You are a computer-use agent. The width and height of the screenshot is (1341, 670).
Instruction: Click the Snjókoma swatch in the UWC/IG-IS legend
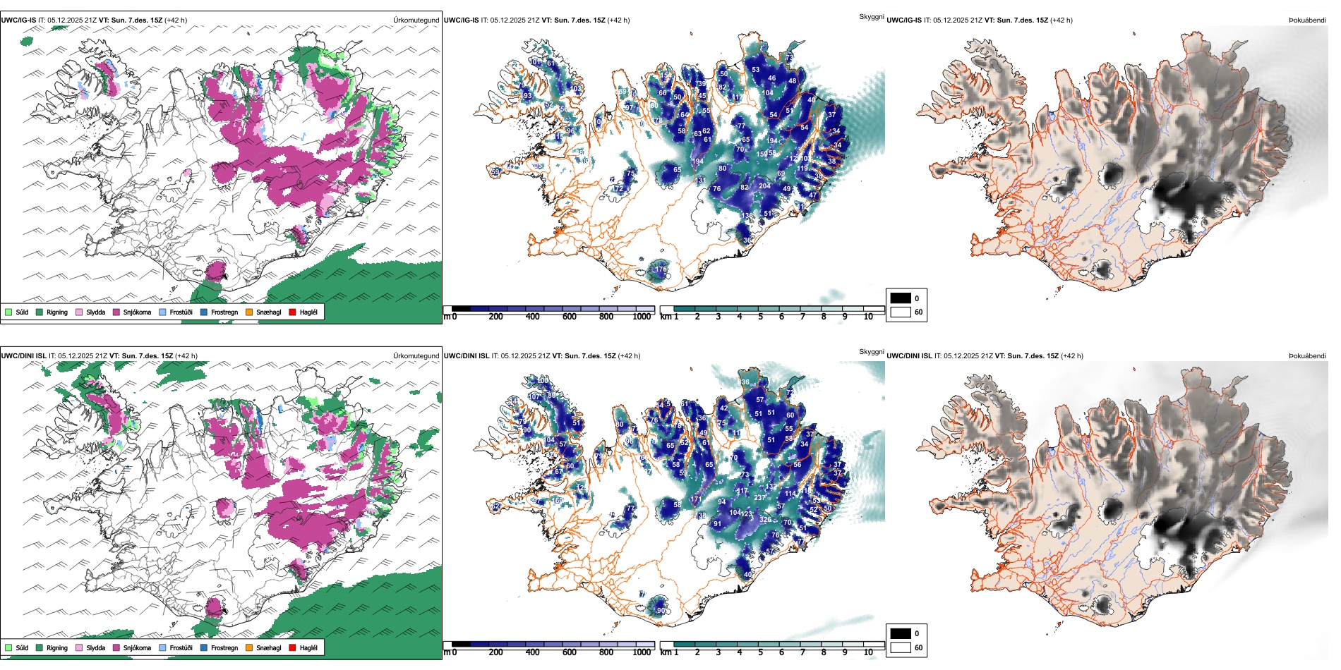[116, 312]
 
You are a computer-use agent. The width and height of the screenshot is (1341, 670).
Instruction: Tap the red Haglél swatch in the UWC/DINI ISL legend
[292, 647]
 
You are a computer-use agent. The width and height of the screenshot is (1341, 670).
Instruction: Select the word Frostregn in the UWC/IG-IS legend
[224, 312]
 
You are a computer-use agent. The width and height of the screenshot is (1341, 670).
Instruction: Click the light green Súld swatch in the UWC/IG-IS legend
[8, 312]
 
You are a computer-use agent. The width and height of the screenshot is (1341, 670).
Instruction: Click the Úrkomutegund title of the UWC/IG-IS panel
[416, 20]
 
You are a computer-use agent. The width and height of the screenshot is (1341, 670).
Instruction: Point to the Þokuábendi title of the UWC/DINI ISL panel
[1307, 356]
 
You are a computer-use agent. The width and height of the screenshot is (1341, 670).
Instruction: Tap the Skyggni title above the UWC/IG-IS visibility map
[871, 17]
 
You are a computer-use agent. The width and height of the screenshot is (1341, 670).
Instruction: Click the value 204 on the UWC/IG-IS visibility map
[764, 186]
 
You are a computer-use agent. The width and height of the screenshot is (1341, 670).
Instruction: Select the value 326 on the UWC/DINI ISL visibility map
[765, 520]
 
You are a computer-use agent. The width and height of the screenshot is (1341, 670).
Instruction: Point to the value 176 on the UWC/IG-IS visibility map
[661, 269]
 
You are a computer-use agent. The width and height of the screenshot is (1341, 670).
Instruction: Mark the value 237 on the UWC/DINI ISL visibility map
[759, 498]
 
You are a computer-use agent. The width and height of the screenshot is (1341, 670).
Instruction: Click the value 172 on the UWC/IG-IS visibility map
[618, 189]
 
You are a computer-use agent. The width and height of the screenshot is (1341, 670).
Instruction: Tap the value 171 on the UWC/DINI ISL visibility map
[696, 499]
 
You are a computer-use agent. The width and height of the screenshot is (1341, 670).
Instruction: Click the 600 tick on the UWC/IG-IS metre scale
[570, 317]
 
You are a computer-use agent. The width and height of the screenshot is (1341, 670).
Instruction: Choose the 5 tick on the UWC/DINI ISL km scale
[760, 652]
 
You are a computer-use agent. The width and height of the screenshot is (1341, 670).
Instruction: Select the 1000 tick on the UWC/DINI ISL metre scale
[642, 652]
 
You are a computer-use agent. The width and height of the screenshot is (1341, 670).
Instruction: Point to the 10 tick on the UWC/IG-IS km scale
[868, 317]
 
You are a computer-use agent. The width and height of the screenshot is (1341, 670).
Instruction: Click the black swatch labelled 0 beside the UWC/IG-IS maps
[900, 298]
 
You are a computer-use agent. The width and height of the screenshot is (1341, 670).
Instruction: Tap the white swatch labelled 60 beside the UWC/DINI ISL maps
[900, 647]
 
